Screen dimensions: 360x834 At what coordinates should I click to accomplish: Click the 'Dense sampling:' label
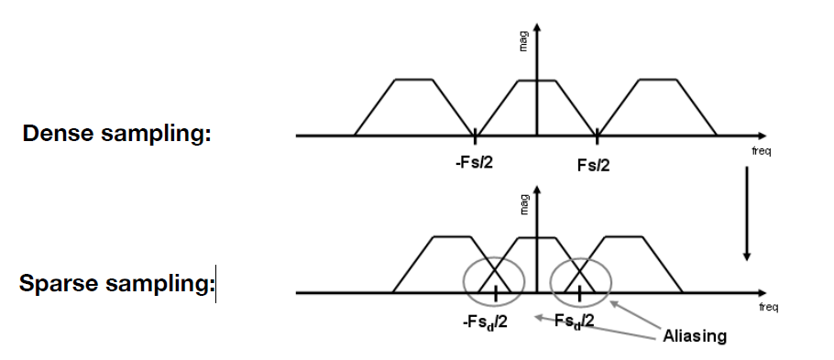point(116,134)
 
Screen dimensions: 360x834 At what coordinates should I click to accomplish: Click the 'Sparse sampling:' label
point(116,284)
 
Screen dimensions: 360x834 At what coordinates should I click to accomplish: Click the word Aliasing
point(694,336)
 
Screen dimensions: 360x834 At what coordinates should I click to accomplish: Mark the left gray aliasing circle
point(494,281)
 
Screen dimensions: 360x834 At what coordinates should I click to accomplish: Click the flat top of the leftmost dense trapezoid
point(413,80)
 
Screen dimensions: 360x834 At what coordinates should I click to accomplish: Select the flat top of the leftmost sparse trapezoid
point(452,237)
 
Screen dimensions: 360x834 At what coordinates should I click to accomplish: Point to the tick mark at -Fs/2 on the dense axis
point(475,137)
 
